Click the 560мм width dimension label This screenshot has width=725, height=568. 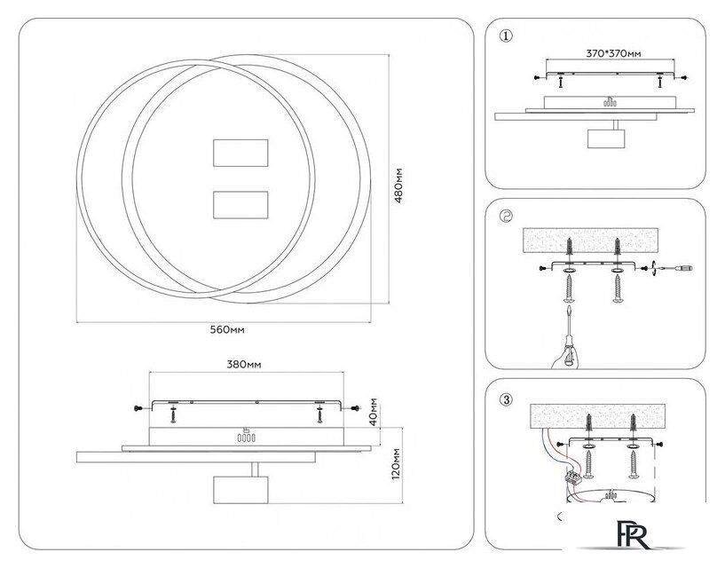click(x=227, y=329)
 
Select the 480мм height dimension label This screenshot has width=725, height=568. click(x=400, y=184)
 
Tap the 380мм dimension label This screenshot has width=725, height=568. click(x=244, y=365)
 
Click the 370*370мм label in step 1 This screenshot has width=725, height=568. click(x=613, y=53)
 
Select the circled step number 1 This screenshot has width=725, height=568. click(x=506, y=36)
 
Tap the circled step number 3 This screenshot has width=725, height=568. click(x=506, y=398)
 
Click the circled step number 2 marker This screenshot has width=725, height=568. click(x=506, y=217)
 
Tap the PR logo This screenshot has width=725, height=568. click(x=632, y=535)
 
